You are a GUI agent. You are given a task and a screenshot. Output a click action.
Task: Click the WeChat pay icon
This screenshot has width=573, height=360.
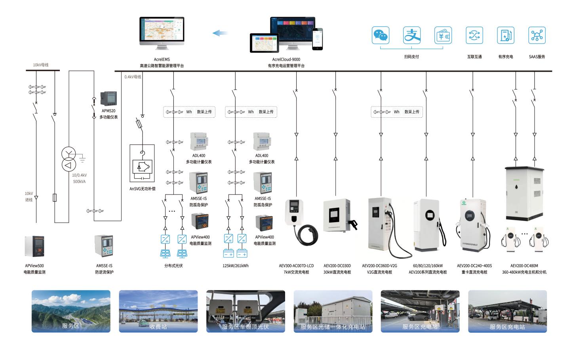point(381,36)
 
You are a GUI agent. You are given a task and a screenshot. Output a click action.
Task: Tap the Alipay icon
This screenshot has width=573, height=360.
point(412,36)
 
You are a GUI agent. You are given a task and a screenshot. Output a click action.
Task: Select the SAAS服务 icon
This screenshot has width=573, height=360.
point(537,36)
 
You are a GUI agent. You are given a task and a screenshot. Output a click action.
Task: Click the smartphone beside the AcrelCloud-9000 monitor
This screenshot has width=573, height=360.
point(317,39)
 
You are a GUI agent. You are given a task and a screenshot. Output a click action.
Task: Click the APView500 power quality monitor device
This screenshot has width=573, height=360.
point(34,246)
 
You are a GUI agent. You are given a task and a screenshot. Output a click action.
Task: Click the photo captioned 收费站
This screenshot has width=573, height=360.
point(158,311)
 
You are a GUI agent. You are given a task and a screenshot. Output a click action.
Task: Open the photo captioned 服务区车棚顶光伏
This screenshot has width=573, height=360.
point(246,311)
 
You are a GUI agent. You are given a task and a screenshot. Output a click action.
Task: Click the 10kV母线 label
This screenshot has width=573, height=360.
point(41,65)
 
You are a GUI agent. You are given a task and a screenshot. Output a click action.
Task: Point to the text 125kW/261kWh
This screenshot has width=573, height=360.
point(235,266)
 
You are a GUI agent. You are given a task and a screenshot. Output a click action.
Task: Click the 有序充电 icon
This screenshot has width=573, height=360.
point(506,36)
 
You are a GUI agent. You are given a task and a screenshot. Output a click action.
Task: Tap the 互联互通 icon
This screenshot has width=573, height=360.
point(474,36)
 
